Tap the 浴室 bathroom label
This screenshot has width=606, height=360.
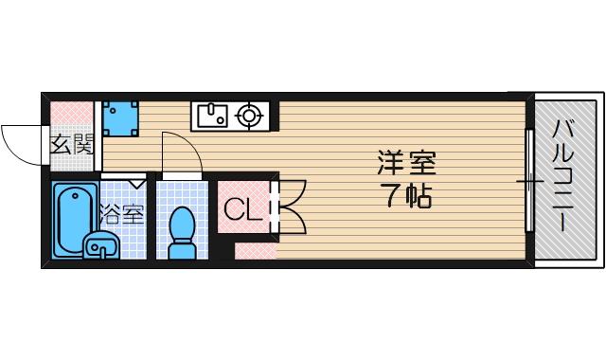tap(123, 214)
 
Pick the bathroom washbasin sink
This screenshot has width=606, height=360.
tap(99, 245)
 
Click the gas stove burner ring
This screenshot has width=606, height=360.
tap(249, 116)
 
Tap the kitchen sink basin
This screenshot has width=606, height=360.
tap(209, 116)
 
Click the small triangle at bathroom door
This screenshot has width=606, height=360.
tap(137, 180)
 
